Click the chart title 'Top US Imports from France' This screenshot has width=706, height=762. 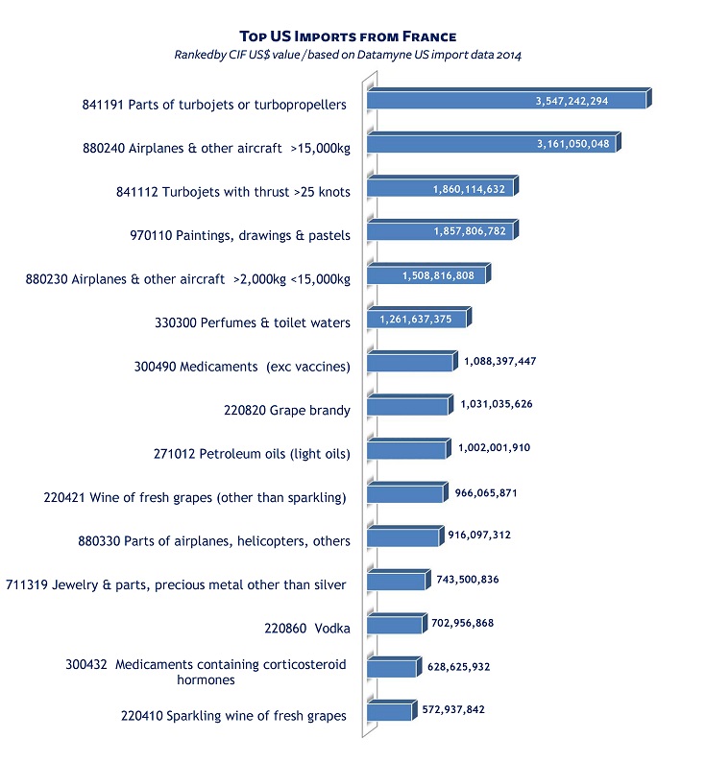347,36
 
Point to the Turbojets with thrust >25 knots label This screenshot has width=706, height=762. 232,192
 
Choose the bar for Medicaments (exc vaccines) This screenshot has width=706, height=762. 409,363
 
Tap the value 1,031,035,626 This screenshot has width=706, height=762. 498,404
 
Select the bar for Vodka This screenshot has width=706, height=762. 394,626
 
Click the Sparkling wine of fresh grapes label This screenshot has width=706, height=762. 233,715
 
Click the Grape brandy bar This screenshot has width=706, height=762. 407,407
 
